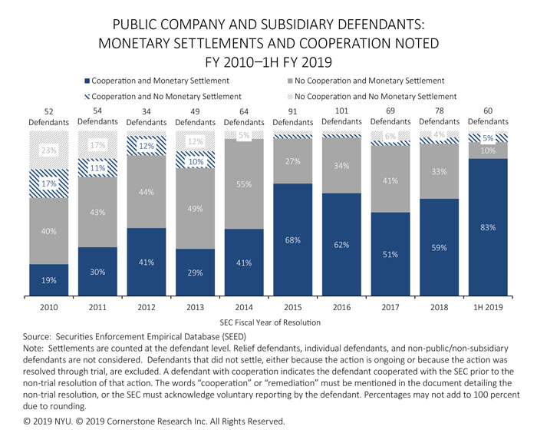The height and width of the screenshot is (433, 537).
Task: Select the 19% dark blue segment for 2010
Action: [49, 280]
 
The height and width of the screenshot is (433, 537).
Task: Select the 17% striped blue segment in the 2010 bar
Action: [49, 184]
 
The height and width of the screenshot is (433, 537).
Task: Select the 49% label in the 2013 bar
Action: [196, 209]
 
